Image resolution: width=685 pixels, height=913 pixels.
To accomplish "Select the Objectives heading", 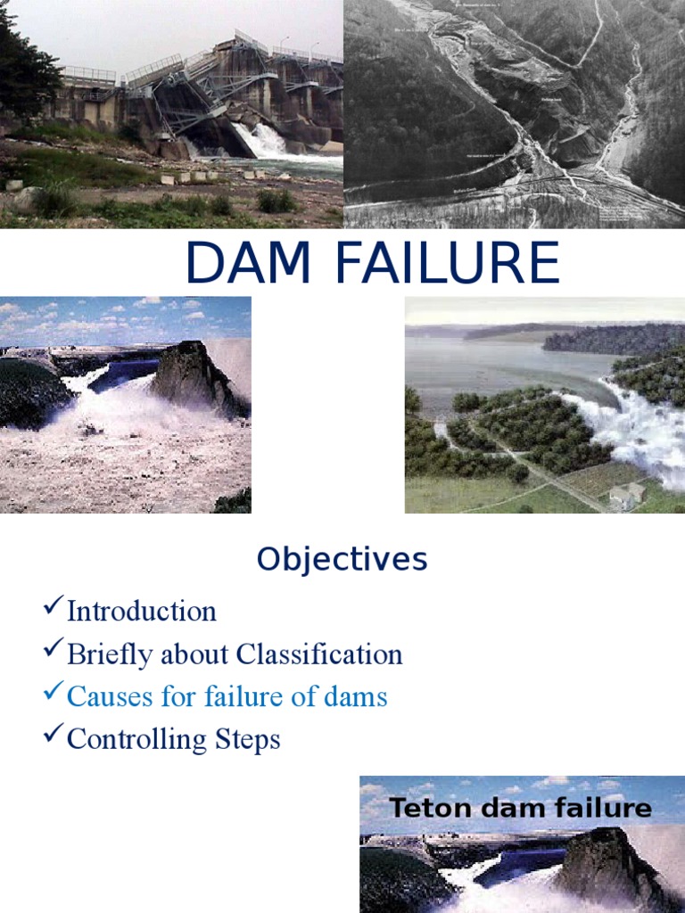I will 342,560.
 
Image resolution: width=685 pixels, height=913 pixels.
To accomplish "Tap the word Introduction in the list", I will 141,612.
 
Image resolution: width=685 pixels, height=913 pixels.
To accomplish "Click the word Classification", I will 326,654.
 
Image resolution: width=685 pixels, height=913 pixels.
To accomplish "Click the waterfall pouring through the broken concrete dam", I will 264,140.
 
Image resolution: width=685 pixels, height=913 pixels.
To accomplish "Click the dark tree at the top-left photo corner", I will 22,62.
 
